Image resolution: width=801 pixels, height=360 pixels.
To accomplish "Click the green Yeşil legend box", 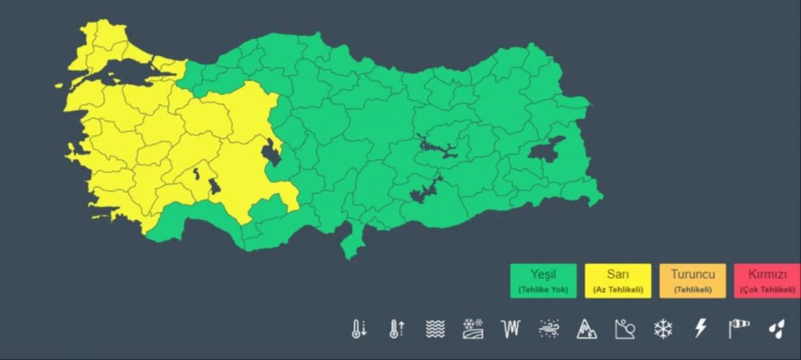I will [543, 280].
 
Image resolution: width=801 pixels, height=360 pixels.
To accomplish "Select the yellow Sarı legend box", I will [618, 280].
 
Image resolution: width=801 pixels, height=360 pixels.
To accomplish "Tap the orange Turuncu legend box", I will [693, 280].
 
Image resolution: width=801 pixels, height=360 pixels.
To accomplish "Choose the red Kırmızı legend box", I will [767, 280].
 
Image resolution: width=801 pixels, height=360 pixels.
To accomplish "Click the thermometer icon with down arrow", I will [359, 329].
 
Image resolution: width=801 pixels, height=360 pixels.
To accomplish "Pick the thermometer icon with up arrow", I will [397, 329].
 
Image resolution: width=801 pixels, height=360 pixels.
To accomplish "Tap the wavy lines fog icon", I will [435, 329].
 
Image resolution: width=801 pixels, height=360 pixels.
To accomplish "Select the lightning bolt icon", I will [700, 329].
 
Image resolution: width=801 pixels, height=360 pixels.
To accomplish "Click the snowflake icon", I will [662, 329].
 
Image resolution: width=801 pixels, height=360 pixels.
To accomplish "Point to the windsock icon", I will [738, 329].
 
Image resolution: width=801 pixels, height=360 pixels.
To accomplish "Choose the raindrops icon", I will [777, 329].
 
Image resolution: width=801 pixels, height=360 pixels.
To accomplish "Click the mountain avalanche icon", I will [586, 329].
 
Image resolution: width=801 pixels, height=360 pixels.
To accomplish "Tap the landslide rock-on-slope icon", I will [625, 329].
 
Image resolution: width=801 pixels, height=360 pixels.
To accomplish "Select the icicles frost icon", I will [511, 329].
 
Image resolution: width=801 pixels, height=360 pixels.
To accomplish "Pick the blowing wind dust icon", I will [549, 329].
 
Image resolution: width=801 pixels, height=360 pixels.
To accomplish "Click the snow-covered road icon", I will [472, 329].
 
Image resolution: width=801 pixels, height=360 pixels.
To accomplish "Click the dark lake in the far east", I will [546, 149].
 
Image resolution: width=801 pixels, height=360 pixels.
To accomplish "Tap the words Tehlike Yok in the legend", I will [543, 290].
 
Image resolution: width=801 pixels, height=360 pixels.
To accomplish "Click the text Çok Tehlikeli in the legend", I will [767, 290].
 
